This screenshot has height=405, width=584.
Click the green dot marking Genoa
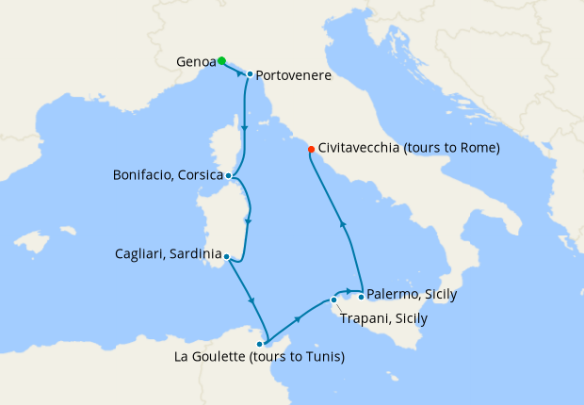coord(221,61)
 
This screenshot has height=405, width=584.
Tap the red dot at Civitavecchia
coord(311,149)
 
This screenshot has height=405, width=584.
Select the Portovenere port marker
coord(249,73)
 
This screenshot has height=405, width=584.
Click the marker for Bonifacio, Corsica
coord(229,175)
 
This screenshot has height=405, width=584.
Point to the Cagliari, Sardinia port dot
coord(227,255)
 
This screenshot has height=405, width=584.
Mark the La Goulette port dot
coord(260,344)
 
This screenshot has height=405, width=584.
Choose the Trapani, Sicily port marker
coord(333,300)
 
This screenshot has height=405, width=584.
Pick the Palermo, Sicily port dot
coord(361,297)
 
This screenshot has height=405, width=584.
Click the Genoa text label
coord(196,62)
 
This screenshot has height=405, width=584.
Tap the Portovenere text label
coord(293,75)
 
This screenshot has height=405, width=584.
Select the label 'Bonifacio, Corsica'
coord(168,175)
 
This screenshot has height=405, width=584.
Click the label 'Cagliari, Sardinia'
coord(168,254)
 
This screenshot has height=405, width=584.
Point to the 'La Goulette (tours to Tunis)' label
coord(260,357)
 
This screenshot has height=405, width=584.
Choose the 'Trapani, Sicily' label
coord(382,318)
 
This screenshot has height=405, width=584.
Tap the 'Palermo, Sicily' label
coord(412,295)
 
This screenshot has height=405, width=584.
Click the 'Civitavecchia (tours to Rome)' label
coord(409,148)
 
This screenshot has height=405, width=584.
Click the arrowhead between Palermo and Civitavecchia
coord(343,223)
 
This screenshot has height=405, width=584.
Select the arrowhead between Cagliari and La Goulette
coord(251,300)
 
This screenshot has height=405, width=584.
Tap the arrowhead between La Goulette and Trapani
coord(298,320)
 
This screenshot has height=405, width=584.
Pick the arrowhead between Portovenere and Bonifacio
coord(245,127)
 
